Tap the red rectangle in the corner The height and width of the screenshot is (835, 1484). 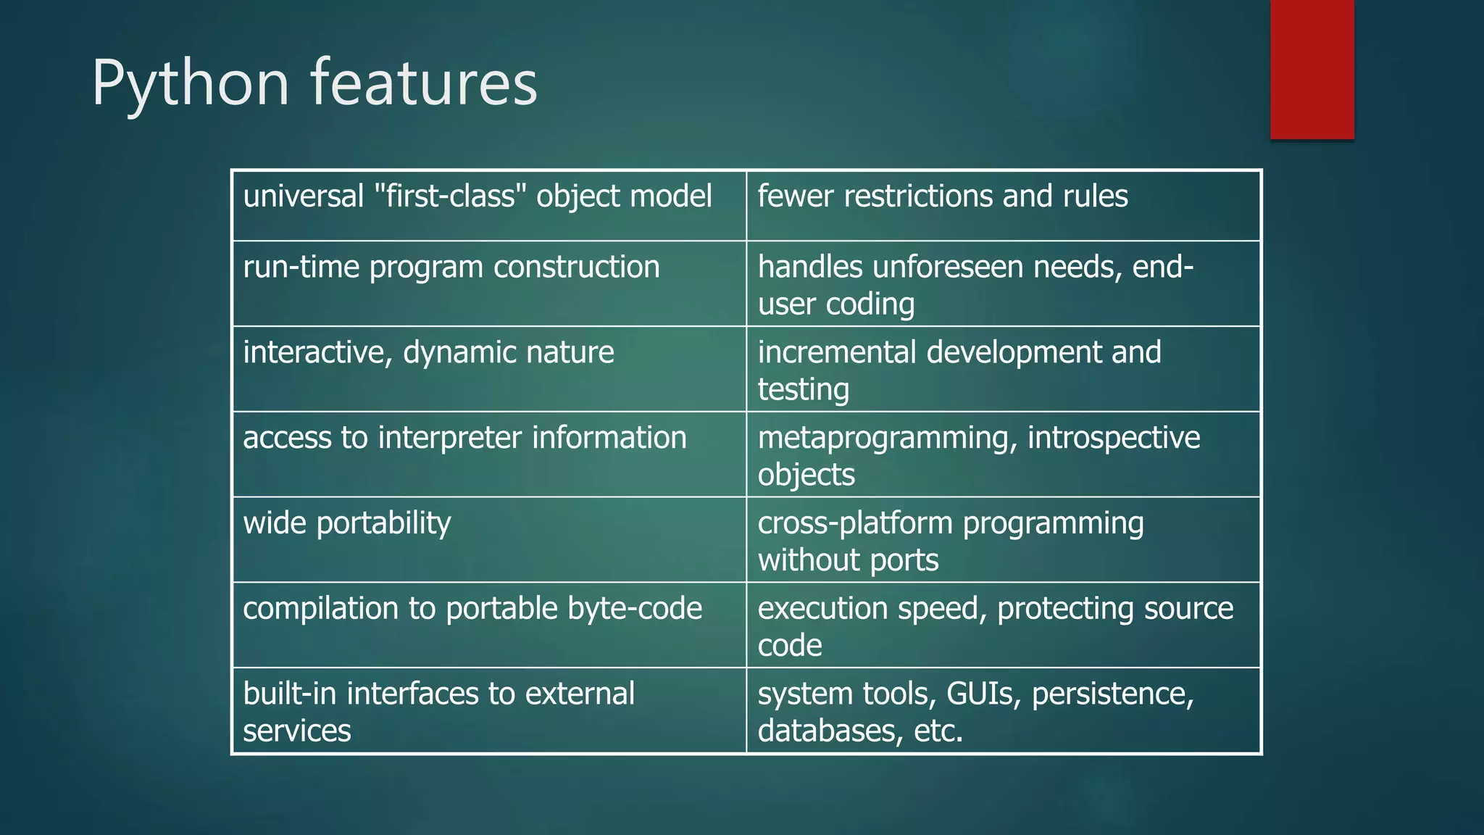(1312, 69)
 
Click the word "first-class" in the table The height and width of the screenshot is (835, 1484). (449, 196)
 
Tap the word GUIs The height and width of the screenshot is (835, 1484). (983, 694)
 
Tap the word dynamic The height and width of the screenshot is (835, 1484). (459, 353)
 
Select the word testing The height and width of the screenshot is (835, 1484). (803, 390)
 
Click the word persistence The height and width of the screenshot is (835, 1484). (1112, 694)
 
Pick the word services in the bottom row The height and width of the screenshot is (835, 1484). (296, 731)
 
